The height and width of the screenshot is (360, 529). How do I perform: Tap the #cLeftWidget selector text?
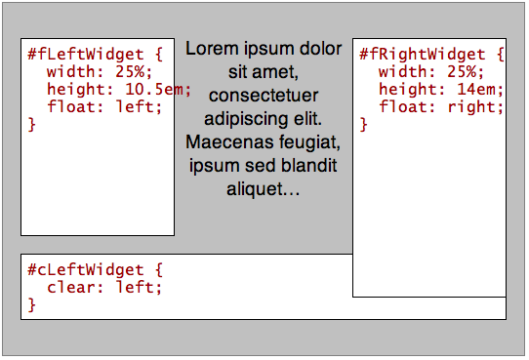pos(85,269)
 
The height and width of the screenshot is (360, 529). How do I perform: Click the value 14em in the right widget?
pos(478,90)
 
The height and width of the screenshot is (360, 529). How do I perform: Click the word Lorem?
pos(209,48)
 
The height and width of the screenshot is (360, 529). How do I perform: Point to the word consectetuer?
pos(264,96)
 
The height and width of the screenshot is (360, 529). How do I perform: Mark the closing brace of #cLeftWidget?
pos(31,304)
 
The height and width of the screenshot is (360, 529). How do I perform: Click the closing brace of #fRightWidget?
pos(364,125)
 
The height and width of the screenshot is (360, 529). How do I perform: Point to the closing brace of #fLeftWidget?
pos(31,125)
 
